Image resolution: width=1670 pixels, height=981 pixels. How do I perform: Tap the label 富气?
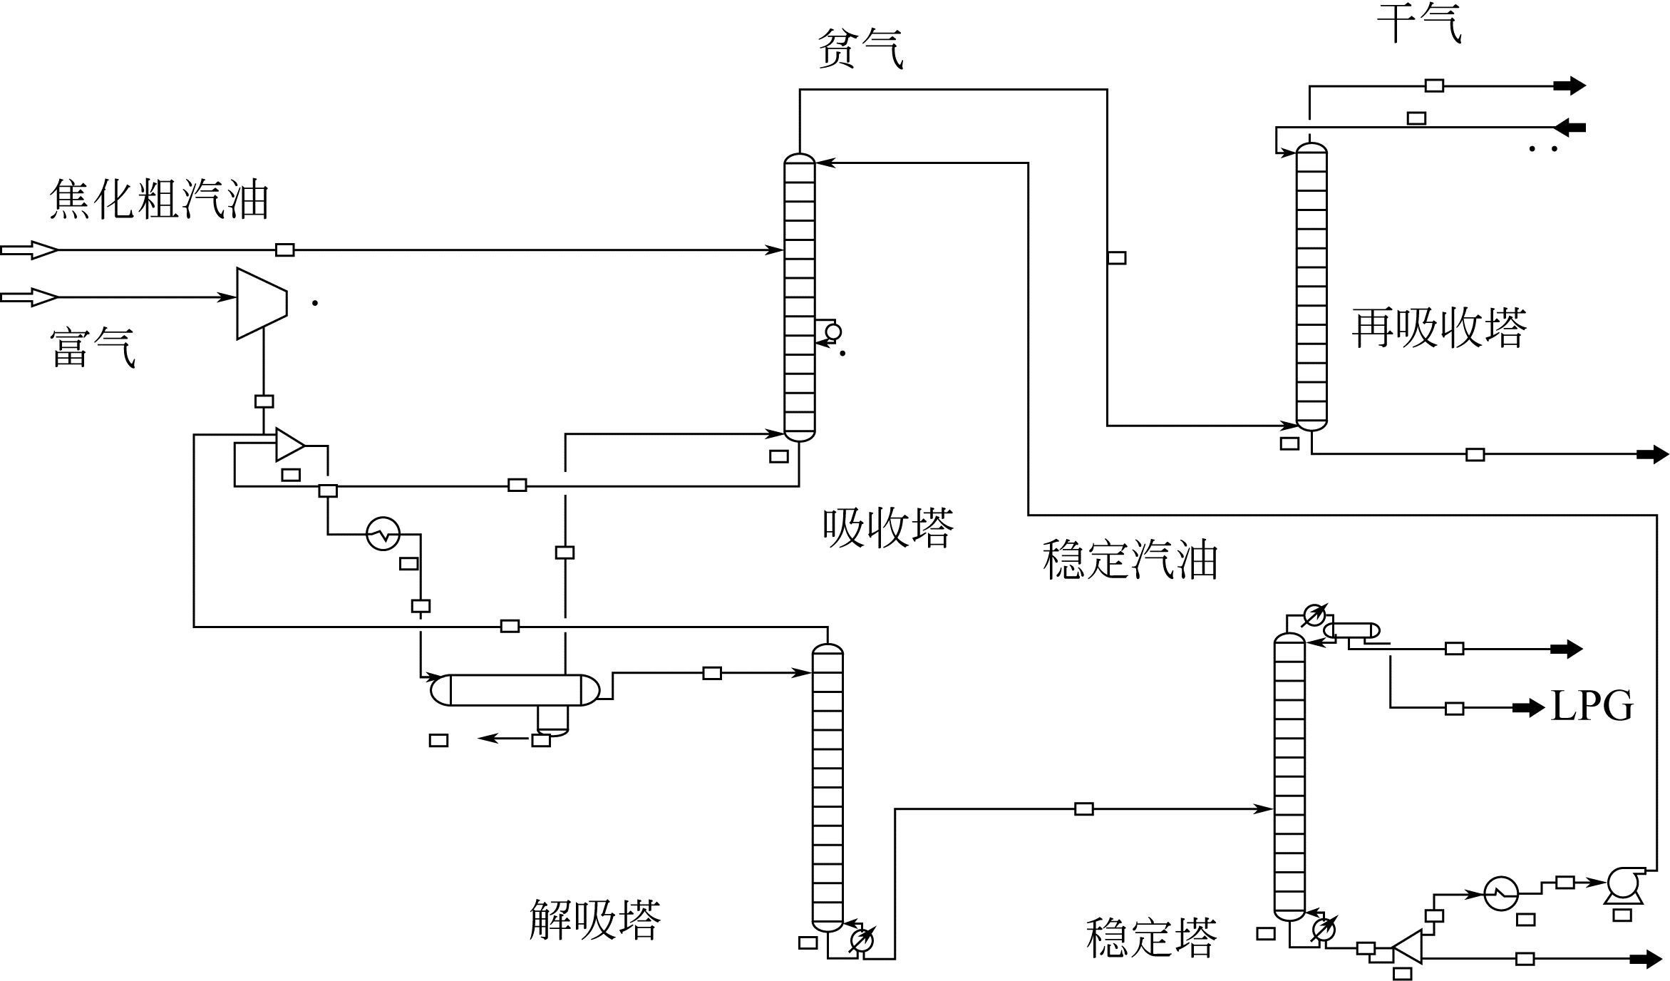[93, 348]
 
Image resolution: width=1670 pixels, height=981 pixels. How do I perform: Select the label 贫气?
[860, 48]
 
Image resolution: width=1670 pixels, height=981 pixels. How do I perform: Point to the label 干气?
[1419, 23]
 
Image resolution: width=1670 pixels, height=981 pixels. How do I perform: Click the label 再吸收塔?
[1439, 329]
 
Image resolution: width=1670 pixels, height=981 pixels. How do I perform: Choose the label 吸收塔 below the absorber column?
[888, 528]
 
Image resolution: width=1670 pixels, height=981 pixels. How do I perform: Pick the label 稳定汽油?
[1130, 560]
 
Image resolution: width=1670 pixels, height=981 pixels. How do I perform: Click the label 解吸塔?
[595, 920]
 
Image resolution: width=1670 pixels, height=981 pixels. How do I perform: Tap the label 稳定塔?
[1151, 938]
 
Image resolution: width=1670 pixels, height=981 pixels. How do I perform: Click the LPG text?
[1592, 707]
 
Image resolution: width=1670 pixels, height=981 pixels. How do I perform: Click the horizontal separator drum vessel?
[515, 690]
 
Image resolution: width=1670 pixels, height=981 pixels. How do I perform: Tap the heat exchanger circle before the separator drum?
[383, 533]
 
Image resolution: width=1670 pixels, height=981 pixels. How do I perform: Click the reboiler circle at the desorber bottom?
[862, 941]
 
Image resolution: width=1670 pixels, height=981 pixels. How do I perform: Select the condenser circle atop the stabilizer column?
[1314, 615]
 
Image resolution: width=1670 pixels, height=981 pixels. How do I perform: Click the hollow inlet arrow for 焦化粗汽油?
[30, 250]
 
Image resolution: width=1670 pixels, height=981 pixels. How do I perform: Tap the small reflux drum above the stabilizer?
[1351, 630]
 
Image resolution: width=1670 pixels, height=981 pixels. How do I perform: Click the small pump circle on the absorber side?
[833, 332]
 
